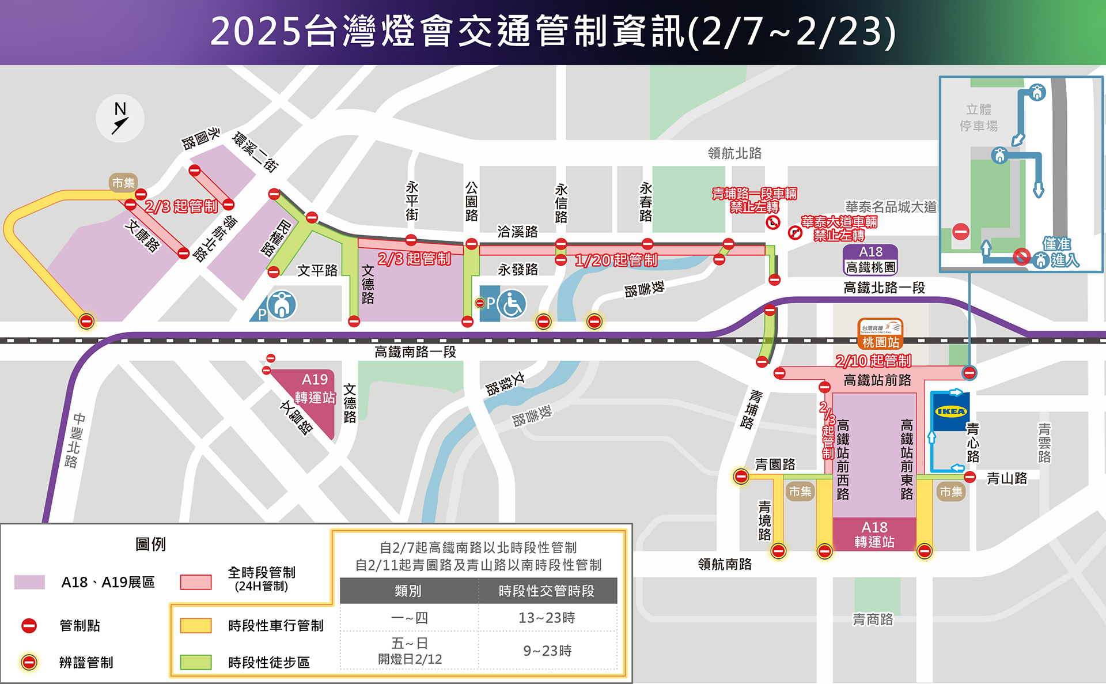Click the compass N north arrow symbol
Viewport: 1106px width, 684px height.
pos(120,118)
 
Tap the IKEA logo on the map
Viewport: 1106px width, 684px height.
pos(950,411)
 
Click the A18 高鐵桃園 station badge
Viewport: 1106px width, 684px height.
pos(870,260)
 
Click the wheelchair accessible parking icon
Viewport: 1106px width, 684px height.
pos(511,304)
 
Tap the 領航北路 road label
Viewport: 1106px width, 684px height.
pos(734,153)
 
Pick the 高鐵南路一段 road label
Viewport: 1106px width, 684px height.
pos(415,352)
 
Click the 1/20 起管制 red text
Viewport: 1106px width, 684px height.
pos(616,260)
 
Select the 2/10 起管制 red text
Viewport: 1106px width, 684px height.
pos(873,361)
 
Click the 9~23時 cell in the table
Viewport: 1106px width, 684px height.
pos(547,651)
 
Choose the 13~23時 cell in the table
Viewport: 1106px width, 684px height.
pos(547,618)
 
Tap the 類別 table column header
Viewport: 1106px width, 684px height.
pos(408,591)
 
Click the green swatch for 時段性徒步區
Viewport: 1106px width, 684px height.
pos(196,662)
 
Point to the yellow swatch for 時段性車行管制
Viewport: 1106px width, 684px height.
pos(196,625)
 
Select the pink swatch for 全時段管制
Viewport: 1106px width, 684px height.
pos(196,582)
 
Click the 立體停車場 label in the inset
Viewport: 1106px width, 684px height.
pos(979,118)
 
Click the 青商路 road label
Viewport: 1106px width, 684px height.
pos(873,619)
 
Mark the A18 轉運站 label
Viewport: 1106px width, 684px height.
pos(874,535)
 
